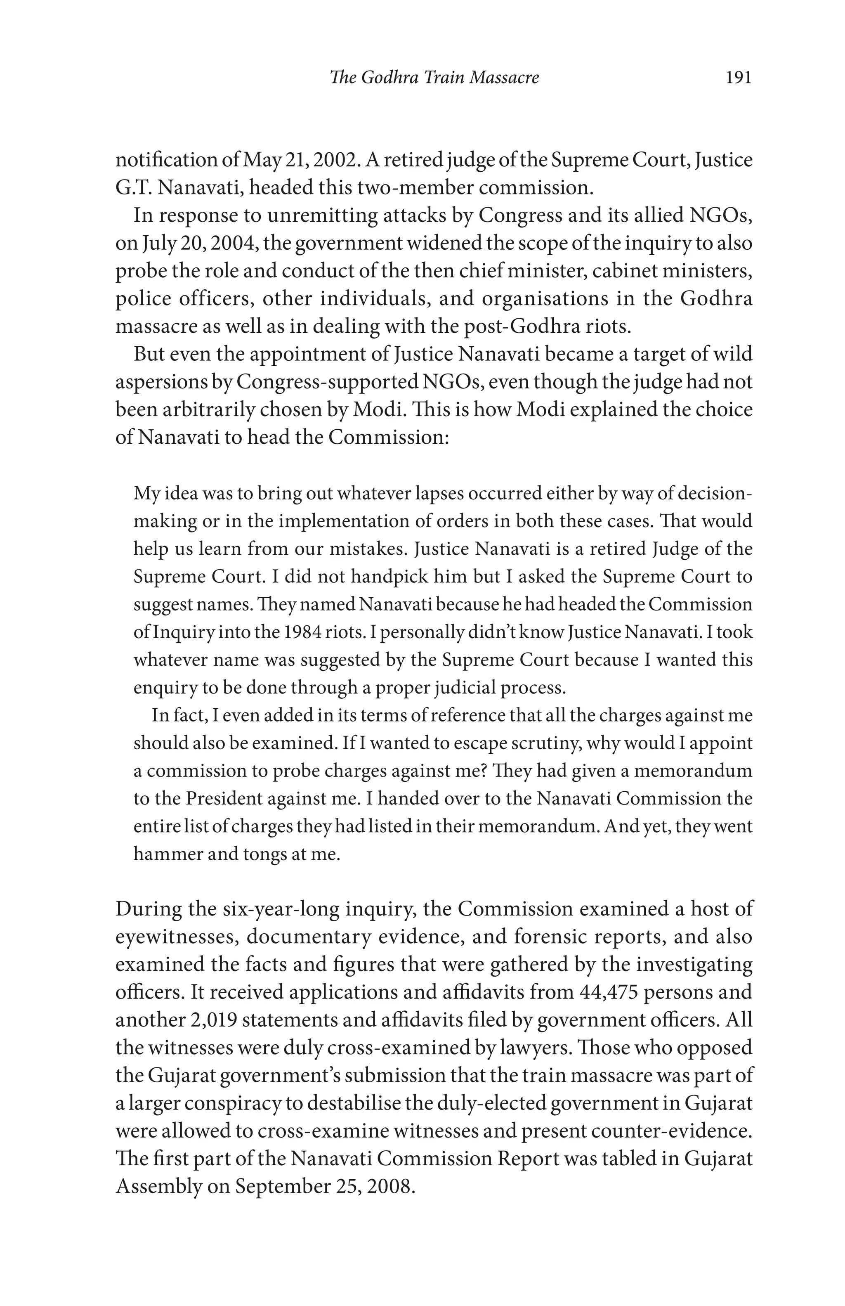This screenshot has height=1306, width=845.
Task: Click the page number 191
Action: point(738,77)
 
